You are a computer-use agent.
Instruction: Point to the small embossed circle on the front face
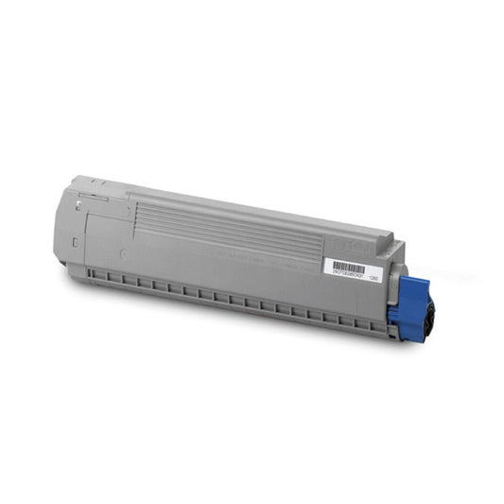point(125,253)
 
